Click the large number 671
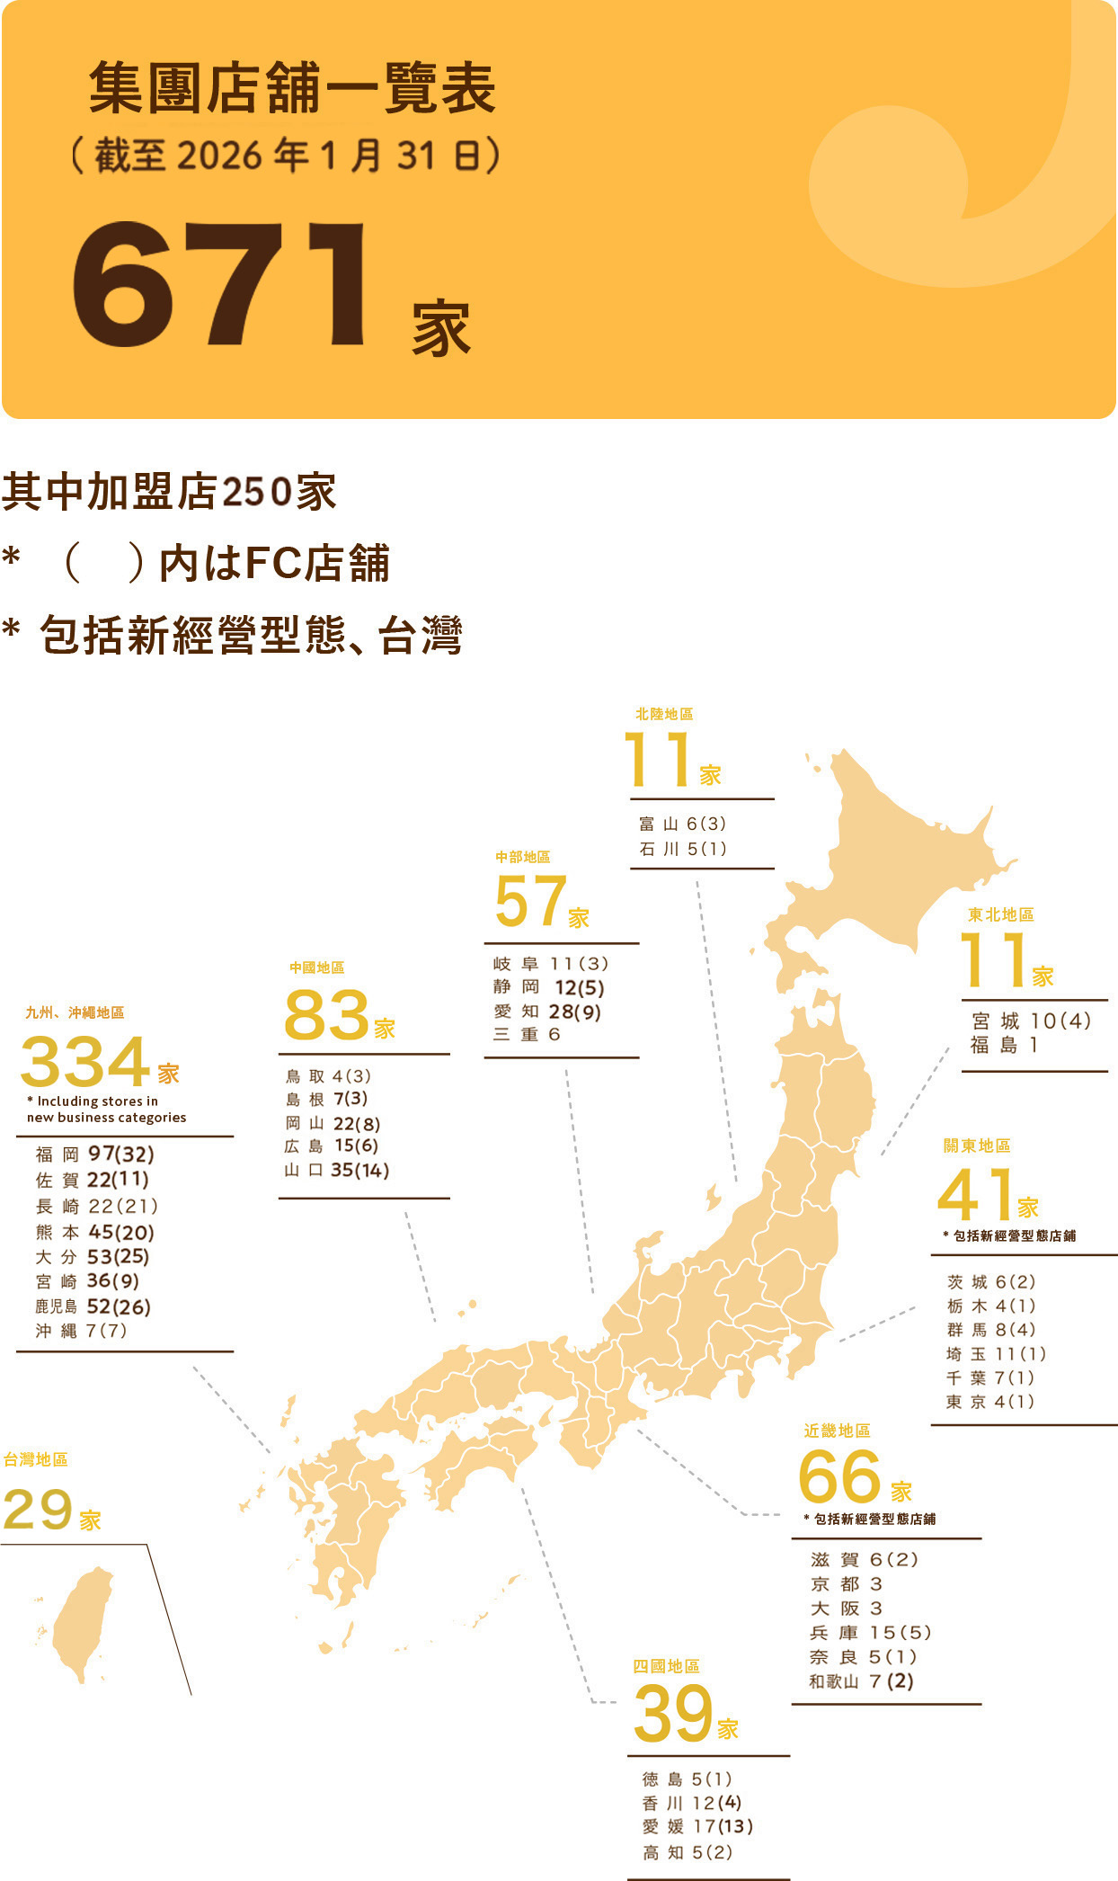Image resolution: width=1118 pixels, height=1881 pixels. (x=220, y=284)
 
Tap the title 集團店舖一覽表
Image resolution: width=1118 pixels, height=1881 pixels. (x=292, y=89)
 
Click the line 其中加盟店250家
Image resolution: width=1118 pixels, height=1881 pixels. (x=169, y=492)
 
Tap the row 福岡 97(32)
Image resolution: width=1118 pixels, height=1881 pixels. (x=95, y=1154)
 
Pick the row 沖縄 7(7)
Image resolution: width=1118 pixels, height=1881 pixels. (x=82, y=1331)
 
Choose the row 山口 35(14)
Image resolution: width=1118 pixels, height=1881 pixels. (x=337, y=1170)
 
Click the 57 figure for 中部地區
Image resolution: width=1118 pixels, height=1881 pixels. (x=530, y=901)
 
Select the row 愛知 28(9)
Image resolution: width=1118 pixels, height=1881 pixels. (x=547, y=1012)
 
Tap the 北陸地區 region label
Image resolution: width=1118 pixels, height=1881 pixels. (x=664, y=714)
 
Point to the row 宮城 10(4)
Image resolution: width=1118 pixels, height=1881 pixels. (x=1031, y=1021)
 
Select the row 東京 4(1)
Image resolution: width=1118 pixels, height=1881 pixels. (x=989, y=1401)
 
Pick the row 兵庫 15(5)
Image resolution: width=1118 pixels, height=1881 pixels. (x=870, y=1632)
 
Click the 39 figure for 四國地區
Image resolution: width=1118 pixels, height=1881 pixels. (x=672, y=1714)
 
